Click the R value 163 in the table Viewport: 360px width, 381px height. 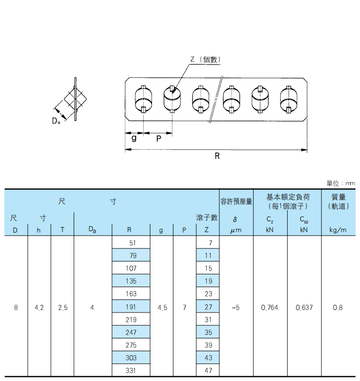click(x=131, y=294)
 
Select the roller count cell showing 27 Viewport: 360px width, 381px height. click(x=208, y=307)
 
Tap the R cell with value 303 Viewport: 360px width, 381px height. click(x=131, y=358)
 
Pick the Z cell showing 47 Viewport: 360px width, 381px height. click(x=208, y=371)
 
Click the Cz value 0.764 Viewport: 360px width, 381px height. click(x=270, y=308)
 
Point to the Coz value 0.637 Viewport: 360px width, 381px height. click(x=304, y=308)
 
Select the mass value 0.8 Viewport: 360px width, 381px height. click(x=338, y=308)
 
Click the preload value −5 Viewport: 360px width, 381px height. click(x=235, y=308)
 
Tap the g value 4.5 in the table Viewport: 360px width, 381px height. click(x=162, y=308)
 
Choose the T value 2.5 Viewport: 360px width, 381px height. click(x=63, y=308)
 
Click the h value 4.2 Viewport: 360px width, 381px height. click(x=39, y=308)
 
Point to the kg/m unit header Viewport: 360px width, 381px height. click(x=338, y=230)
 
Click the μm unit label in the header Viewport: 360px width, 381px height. click(x=236, y=230)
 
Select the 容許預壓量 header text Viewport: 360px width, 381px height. click(x=236, y=202)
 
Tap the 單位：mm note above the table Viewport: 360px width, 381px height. click(x=340, y=183)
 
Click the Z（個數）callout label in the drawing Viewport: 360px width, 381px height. click(x=205, y=59)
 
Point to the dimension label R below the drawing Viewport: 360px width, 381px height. click(x=217, y=156)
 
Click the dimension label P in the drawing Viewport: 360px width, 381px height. click(x=159, y=139)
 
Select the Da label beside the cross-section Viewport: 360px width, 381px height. click(x=56, y=120)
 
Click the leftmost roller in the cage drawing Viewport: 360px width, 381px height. click(x=144, y=99)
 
